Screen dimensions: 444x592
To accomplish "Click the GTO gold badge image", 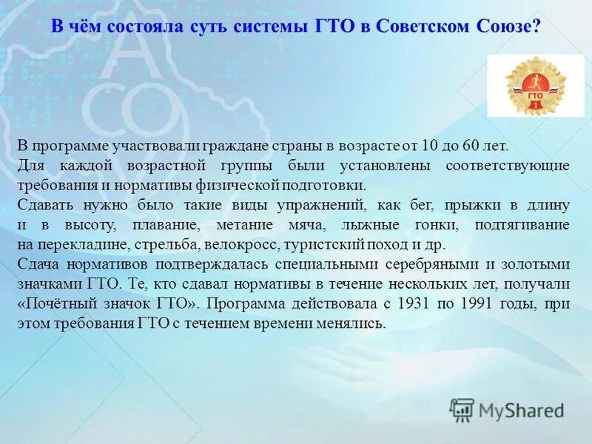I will [535, 86].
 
